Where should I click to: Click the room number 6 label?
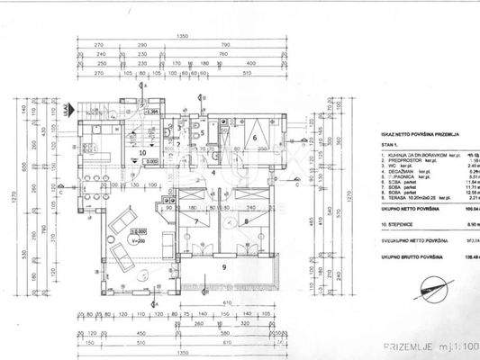255,138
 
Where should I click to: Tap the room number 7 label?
195,220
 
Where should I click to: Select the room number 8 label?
246,220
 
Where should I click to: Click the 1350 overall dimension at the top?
184,36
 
